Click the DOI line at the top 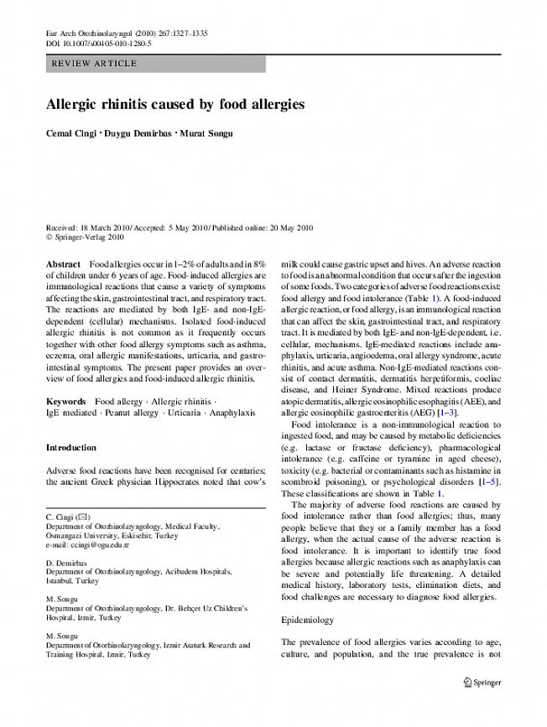click(x=98, y=43)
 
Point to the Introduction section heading click(x=70, y=448)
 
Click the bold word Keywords click(x=66, y=402)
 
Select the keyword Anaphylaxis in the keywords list click(x=227, y=413)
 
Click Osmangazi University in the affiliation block click(x=85, y=534)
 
